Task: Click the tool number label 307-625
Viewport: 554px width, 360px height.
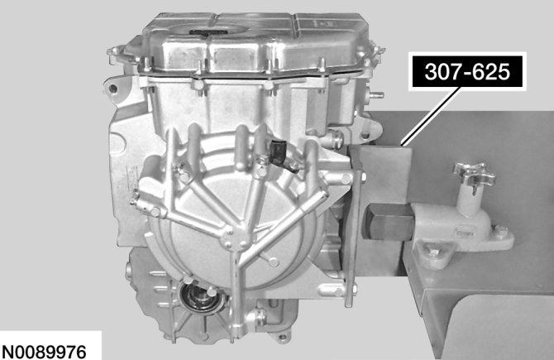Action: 467,72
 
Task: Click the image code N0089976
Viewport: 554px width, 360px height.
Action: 44,353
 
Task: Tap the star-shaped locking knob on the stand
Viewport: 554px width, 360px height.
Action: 474,173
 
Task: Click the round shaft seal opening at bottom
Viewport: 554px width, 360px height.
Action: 200,296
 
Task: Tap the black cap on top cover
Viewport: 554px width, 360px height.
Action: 208,32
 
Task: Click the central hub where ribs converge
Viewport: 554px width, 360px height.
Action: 234,236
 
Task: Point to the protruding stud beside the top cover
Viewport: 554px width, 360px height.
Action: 377,95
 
